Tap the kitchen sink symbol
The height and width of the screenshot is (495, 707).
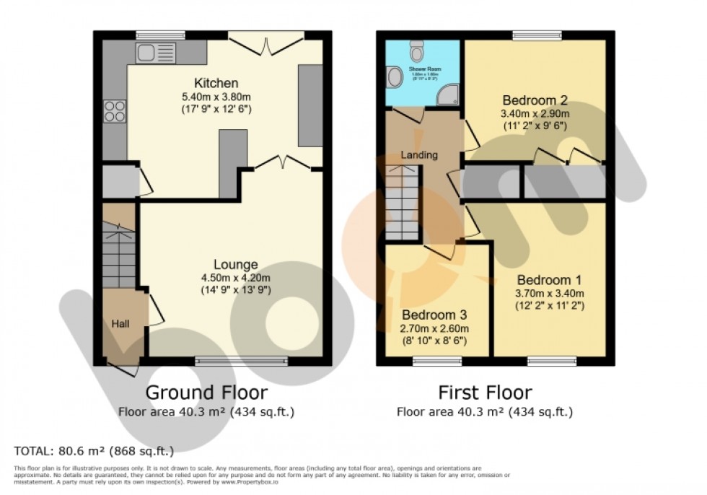[x=154, y=53]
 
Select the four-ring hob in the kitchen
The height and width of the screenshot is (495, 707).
[x=115, y=111]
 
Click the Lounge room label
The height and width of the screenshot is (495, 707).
[x=235, y=265]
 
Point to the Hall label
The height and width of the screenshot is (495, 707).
[x=120, y=324]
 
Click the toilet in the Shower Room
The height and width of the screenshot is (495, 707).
[x=416, y=51]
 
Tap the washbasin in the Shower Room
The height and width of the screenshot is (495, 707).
[x=394, y=77]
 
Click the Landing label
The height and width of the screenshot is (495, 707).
[x=419, y=155]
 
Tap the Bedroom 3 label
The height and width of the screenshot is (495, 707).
[x=435, y=315]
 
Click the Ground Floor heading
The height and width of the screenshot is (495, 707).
[x=206, y=393]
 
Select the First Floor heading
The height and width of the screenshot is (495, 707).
[x=485, y=393]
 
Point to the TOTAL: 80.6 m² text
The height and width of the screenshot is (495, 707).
[x=94, y=452]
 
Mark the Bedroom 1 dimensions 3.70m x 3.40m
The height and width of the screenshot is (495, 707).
[x=549, y=293]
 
